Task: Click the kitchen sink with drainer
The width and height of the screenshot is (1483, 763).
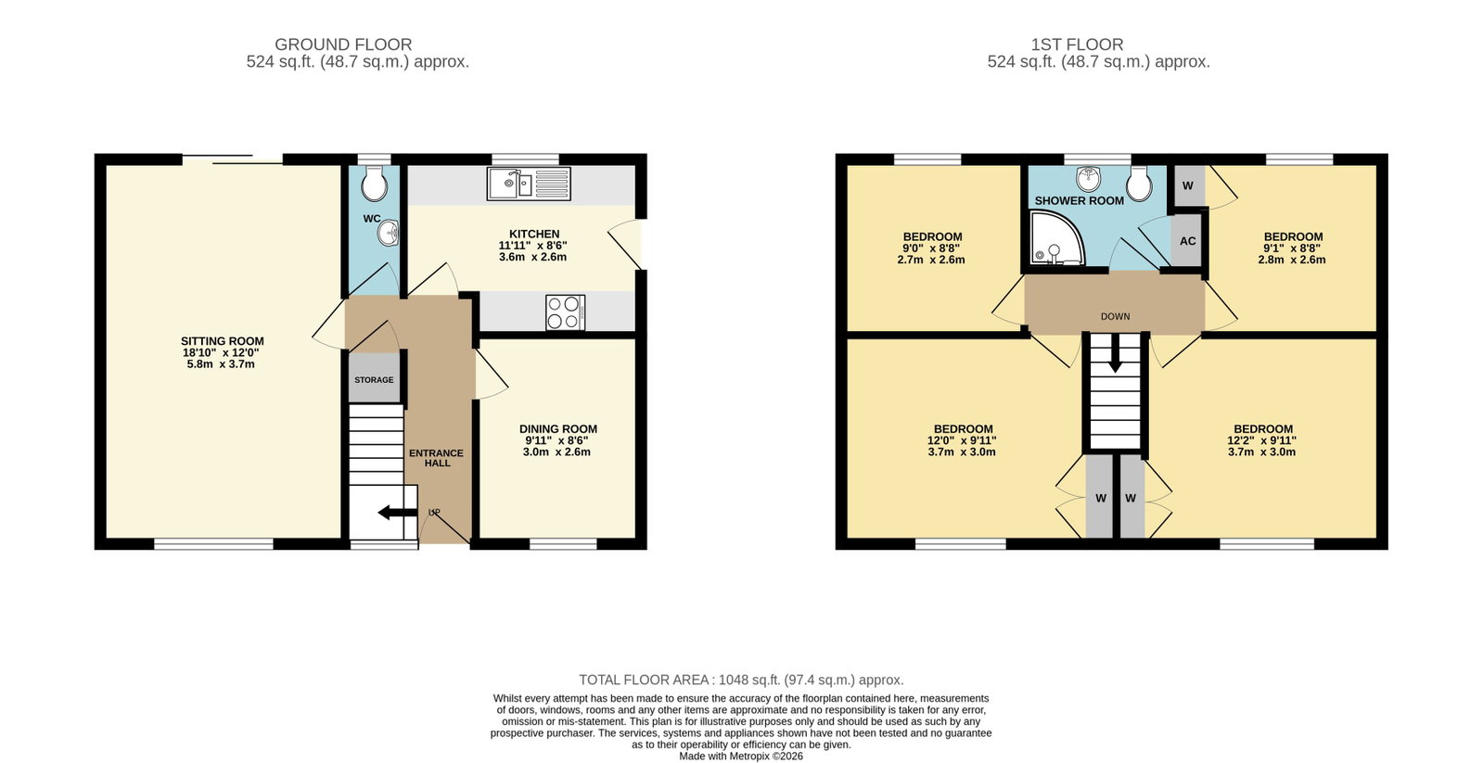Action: (x=529, y=184)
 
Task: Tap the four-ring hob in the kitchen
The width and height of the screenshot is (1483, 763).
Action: (x=566, y=312)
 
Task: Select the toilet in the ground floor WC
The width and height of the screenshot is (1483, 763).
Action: (x=375, y=184)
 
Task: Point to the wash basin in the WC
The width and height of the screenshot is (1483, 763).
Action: (x=390, y=233)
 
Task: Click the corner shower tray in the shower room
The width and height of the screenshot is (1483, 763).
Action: (x=1057, y=237)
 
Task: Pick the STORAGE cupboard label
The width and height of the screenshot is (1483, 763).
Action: (x=374, y=380)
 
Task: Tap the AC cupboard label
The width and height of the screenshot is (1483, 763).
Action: (x=1188, y=241)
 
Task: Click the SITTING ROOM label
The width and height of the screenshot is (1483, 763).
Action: (x=223, y=341)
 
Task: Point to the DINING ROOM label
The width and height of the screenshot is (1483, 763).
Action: (x=558, y=429)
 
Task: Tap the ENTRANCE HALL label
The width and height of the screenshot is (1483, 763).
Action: (x=436, y=458)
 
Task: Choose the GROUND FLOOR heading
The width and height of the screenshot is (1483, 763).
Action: (x=343, y=45)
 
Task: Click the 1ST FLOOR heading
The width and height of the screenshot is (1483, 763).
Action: (x=1077, y=45)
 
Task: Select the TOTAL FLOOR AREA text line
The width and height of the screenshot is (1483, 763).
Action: (x=742, y=680)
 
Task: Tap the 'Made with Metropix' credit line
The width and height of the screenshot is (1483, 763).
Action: (x=741, y=756)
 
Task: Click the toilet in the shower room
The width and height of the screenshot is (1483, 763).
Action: (x=1140, y=184)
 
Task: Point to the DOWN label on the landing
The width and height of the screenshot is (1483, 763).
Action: (x=1116, y=316)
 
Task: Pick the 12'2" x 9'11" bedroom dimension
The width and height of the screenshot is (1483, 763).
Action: (x=1262, y=440)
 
